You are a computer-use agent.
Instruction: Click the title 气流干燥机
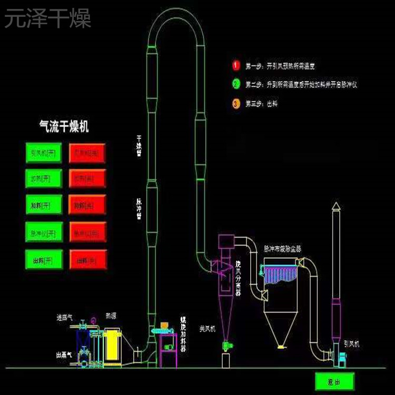(x=65, y=125)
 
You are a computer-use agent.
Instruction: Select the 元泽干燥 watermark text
(x=48, y=18)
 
